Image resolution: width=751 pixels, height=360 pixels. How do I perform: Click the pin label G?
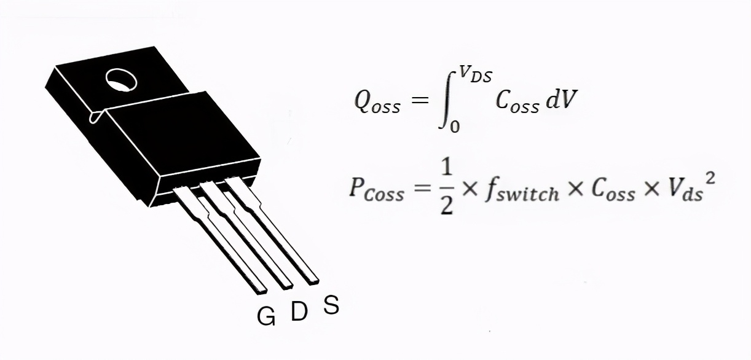[266, 316]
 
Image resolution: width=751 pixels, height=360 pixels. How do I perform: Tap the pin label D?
[299, 311]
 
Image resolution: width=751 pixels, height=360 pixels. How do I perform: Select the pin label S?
[331, 305]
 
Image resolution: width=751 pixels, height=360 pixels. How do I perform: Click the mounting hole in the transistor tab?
[119, 78]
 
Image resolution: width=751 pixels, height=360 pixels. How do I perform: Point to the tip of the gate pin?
[261, 288]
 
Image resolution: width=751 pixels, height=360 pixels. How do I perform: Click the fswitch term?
[521, 191]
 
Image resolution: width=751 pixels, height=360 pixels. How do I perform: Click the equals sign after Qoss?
[420, 100]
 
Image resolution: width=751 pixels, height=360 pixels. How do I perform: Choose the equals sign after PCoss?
[422, 189]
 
